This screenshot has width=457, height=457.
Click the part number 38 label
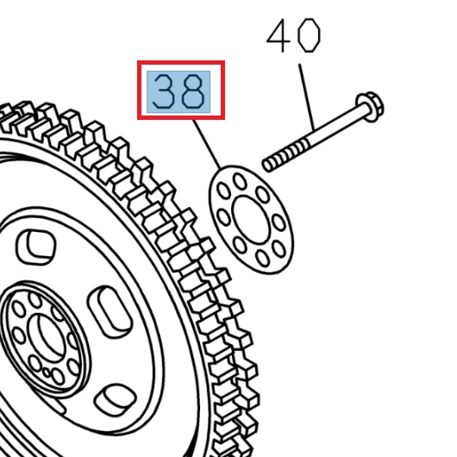[181, 91]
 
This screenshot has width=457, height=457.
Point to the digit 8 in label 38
[194, 91]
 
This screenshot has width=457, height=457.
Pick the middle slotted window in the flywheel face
[110, 309]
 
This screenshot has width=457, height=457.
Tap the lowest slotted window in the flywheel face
[113, 398]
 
